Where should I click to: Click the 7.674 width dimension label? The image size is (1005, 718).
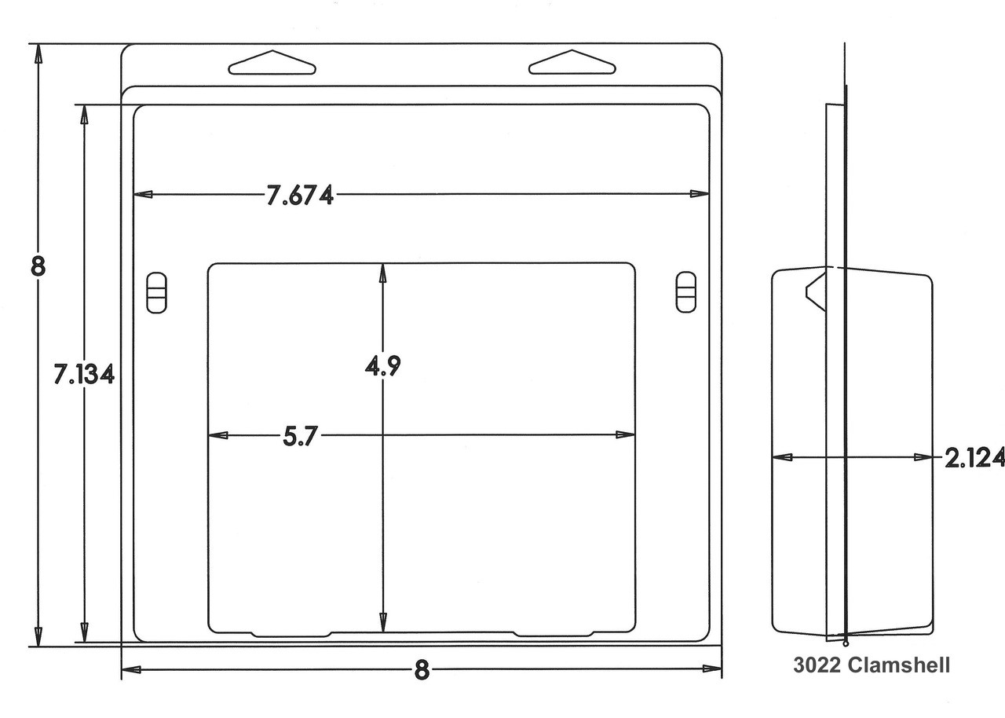(300, 195)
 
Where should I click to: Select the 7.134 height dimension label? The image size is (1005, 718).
(84, 374)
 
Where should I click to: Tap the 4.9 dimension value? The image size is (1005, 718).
(382, 366)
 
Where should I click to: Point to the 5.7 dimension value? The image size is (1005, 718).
(300, 436)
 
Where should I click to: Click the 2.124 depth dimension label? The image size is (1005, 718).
(974, 458)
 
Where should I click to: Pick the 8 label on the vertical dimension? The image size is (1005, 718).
(38, 266)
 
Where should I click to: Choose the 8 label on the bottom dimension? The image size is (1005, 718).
(422, 670)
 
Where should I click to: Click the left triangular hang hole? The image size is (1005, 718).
(272, 62)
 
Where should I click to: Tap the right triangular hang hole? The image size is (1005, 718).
(572, 62)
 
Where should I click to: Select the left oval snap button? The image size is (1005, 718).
(156, 292)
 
